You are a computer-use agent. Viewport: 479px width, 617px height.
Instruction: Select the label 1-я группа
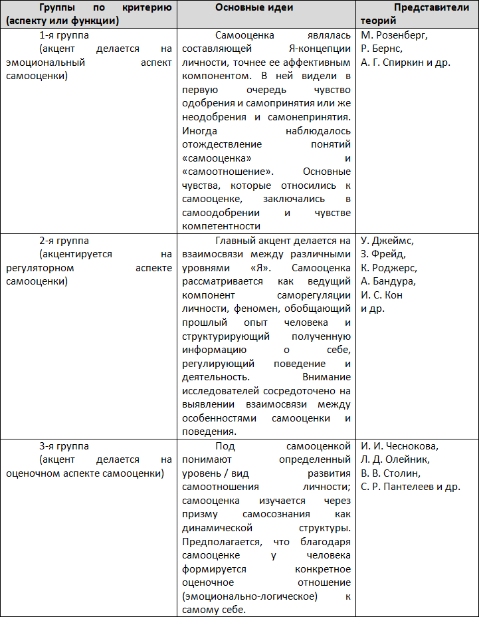point(64,35)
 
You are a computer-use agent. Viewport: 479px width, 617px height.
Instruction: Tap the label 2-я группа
point(64,241)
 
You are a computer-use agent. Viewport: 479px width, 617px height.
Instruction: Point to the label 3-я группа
point(64,446)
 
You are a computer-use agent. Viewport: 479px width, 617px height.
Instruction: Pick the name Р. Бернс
point(381,49)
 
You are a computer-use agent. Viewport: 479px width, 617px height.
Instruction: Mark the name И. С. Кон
point(382,295)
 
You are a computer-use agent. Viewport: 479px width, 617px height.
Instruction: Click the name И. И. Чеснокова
point(400,446)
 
